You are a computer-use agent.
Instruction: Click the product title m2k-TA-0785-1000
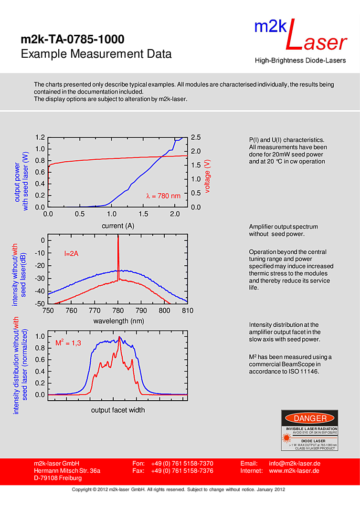point(73,39)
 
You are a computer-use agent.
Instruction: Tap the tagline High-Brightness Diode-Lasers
point(300,61)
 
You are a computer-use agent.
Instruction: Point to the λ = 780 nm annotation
point(163,196)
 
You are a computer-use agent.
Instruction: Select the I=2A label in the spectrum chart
point(71,254)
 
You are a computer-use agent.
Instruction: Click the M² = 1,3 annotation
point(68,343)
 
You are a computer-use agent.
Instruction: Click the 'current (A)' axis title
point(118,226)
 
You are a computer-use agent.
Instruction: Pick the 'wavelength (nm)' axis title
point(118,321)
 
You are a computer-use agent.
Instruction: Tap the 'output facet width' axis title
point(118,410)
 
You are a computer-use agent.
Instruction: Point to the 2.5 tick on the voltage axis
point(196,137)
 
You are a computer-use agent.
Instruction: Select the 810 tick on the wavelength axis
point(187,311)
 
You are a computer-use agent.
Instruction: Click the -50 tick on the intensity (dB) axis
point(40,304)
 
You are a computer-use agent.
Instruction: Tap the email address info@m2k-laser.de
point(294,463)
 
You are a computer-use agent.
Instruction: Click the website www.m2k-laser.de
point(294,471)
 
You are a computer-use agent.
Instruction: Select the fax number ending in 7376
point(182,471)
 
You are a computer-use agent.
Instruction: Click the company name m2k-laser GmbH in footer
point(56,463)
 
